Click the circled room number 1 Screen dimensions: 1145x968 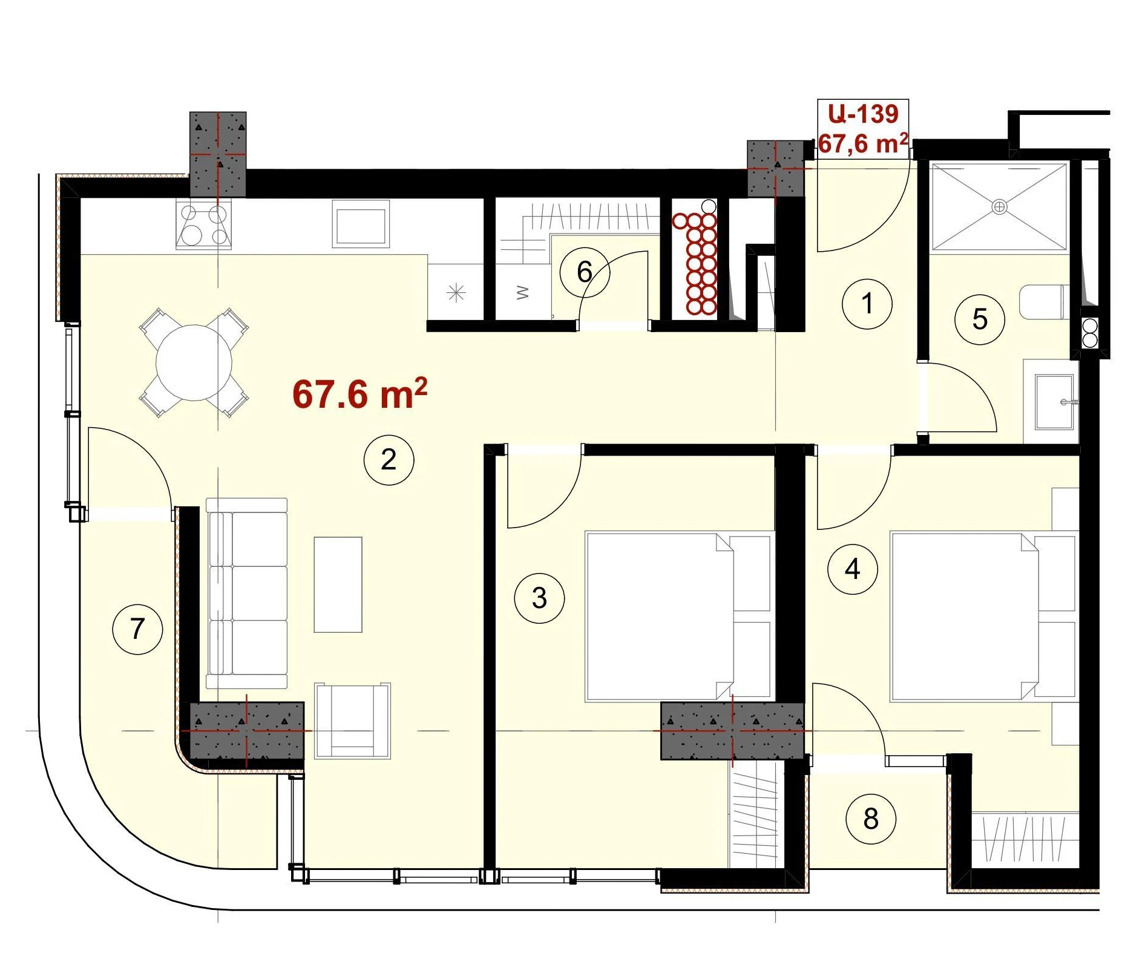coord(867,304)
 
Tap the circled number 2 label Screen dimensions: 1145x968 coord(389,460)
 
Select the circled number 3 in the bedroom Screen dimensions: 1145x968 coord(539,598)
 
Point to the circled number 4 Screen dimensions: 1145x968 coord(853,569)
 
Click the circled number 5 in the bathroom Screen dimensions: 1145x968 coord(980,319)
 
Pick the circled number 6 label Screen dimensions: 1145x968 coord(585,272)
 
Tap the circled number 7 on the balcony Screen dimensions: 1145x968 coord(138,629)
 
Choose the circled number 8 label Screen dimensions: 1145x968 coord(871,819)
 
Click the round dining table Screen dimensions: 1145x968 coord(194,363)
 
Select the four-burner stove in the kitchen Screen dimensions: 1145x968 coord(203,225)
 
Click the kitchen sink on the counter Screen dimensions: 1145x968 coord(361,225)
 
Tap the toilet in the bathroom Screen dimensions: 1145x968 coord(1045,302)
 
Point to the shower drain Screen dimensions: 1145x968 coord(999,207)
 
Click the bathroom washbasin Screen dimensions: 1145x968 coord(1054,402)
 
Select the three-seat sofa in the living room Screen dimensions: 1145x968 coord(246,594)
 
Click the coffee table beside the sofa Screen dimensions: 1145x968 coord(338,584)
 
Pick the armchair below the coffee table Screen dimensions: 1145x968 coord(352,721)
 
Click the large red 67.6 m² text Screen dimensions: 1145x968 coord(360,394)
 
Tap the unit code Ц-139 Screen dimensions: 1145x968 coord(863,114)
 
